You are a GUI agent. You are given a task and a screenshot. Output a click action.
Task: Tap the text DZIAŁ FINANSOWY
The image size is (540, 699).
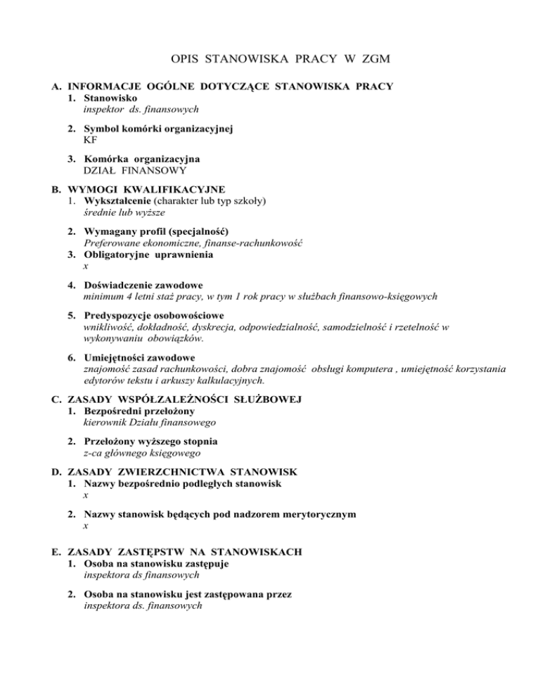point(127,169)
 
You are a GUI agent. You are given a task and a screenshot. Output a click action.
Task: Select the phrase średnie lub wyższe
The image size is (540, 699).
point(114,211)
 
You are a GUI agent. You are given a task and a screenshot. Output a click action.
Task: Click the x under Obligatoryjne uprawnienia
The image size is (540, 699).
point(85,267)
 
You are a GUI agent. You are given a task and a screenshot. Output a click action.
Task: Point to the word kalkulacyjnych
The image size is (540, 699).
point(226,380)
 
